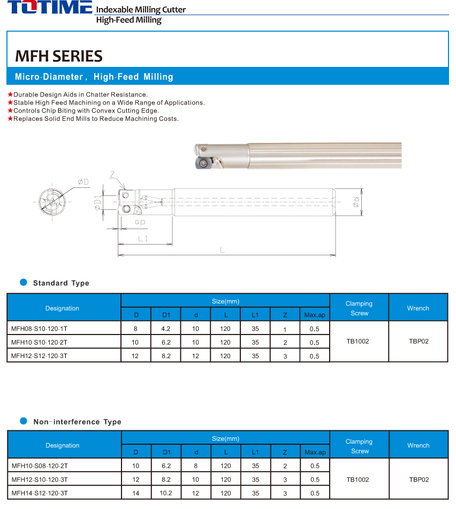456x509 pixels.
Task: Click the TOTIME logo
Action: pos(50,8)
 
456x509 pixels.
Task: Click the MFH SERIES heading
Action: pos(59,56)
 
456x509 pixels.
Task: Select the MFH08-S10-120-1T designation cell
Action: pos(39,329)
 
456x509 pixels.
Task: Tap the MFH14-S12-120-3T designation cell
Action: pos(39,493)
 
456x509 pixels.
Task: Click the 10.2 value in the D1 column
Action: pos(166,493)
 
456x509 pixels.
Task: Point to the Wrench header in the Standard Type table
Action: pos(417,308)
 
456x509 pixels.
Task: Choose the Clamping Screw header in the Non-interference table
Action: pos(359,446)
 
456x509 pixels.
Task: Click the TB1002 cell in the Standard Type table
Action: pos(358,341)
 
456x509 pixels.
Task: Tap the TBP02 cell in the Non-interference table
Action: pos(418,480)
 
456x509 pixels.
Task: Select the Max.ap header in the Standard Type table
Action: pos(314,315)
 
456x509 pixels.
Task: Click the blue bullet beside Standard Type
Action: pos(23,282)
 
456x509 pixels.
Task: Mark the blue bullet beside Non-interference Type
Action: pos(23,421)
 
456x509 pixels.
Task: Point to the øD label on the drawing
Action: pos(83,182)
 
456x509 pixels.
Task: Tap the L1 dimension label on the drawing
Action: pos(143,239)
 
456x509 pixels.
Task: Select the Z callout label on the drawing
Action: pos(112,175)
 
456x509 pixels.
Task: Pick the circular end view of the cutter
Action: pos(52,204)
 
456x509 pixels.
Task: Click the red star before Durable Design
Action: pos(10,95)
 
